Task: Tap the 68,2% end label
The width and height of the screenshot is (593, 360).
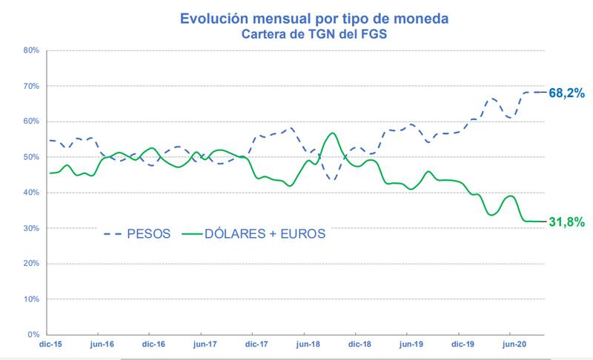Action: click(567, 93)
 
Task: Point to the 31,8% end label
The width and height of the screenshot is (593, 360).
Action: click(567, 221)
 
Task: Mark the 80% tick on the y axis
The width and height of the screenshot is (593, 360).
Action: click(30, 50)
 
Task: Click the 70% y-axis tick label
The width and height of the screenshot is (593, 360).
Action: click(30, 86)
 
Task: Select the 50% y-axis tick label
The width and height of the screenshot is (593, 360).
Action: click(30, 157)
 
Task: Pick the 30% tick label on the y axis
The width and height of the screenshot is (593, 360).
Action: click(30, 228)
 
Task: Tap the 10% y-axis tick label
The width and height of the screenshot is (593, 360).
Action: click(30, 299)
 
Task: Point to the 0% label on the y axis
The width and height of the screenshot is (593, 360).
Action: click(33, 335)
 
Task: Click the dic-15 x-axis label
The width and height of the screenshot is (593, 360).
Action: click(49, 344)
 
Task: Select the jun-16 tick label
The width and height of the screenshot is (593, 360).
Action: click(101, 344)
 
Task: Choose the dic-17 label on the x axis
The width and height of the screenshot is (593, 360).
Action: click(255, 344)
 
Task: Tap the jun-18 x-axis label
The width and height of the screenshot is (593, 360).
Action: click(307, 344)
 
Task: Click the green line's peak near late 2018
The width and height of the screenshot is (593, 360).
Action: click(333, 133)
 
